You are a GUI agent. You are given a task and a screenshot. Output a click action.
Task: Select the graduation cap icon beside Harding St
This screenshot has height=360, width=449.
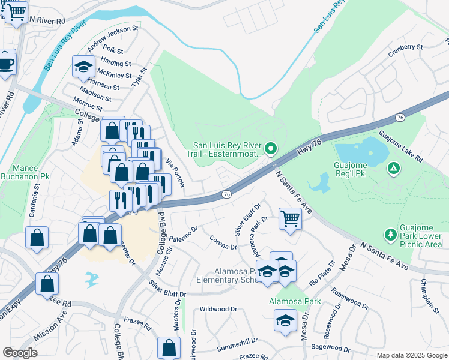click(83, 67)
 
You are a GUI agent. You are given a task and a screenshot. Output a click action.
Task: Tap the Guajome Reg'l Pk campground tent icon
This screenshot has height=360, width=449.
click(393, 169)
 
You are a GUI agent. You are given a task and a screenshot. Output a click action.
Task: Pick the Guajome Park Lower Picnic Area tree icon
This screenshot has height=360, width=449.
click(390, 233)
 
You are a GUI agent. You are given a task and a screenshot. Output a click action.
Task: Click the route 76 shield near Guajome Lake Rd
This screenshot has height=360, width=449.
click(400, 116)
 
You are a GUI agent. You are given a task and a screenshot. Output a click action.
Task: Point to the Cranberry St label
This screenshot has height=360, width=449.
click(406, 46)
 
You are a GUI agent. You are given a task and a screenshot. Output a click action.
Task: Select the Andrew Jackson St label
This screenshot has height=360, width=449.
click(112, 37)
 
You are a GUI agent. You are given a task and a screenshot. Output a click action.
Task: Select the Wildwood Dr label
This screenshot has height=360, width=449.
click(219, 309)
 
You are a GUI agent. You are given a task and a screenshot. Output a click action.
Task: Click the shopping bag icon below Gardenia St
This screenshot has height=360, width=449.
click(37, 238)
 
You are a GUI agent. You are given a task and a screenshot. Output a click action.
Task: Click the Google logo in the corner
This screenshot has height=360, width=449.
click(20, 352)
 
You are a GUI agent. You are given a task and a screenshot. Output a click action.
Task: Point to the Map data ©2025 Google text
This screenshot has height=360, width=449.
click(412, 355)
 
